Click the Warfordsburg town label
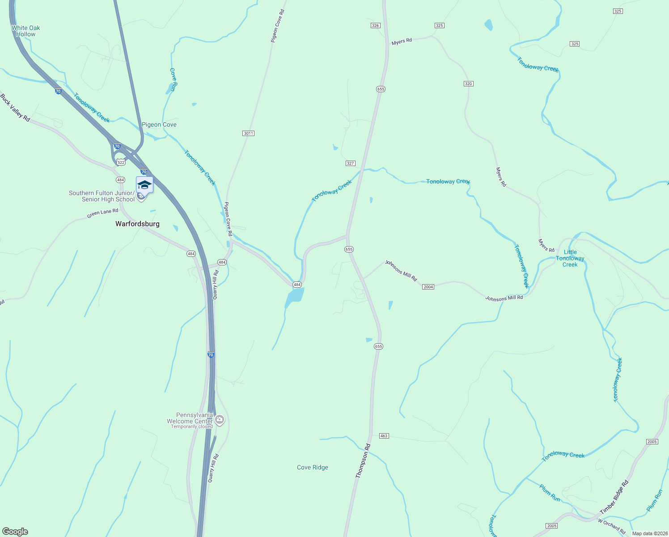[137, 224]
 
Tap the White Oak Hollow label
[25, 31]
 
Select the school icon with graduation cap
[144, 185]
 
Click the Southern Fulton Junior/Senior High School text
[102, 196]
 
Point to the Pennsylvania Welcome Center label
[190, 418]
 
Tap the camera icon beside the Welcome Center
[219, 420]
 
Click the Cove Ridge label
[313, 467]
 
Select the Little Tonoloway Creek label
[570, 258]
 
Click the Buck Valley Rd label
[15, 107]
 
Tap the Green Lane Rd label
[103, 213]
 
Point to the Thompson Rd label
[363, 461]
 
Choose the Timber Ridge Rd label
[614, 497]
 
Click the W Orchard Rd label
[612, 526]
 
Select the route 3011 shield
[248, 133]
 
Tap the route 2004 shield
[428, 287]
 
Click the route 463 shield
[384, 435]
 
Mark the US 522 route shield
[120, 162]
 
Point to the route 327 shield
[351, 163]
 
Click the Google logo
[15, 532]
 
